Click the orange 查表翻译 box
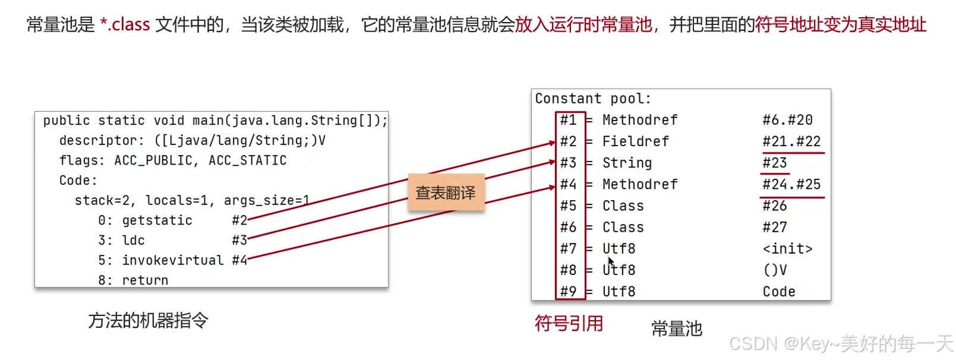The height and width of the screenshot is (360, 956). [446, 192]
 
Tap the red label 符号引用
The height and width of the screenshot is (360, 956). [569, 323]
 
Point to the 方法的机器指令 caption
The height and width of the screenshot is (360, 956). [148, 321]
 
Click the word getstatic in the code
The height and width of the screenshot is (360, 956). [157, 220]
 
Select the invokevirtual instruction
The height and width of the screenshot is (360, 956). [173, 260]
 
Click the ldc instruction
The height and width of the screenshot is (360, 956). [133, 240]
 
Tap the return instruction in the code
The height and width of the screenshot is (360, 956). [145, 280]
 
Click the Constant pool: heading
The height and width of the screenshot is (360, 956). [592, 99]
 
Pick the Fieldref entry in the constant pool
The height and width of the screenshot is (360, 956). [635, 141]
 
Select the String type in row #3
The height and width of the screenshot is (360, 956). [627, 163]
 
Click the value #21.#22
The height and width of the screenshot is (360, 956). [791, 141]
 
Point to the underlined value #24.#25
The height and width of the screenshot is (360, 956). [791, 184]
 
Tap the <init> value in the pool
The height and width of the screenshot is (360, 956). [787, 248]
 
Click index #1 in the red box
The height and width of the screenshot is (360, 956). [568, 120]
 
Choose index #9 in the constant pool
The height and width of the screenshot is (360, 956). [568, 291]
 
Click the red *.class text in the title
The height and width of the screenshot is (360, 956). [125, 24]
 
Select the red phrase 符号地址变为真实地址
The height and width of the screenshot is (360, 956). [840, 24]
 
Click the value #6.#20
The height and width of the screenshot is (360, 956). [787, 120]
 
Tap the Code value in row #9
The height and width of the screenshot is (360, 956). [779, 291]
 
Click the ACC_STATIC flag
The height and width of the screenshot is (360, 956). [247, 160]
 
